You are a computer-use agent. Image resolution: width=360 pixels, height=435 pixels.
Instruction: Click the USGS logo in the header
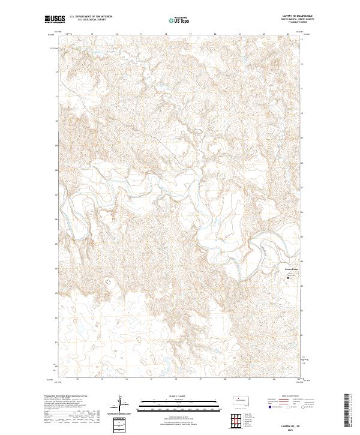tap(53, 19)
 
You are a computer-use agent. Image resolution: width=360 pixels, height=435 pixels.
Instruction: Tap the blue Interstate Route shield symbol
tap(268, 406)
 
